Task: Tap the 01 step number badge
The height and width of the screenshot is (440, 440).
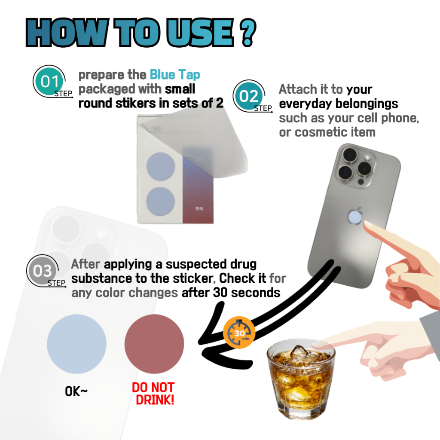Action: pos(50,81)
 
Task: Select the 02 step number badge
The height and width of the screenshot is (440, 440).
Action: pos(249,96)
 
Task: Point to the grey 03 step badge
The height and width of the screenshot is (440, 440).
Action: pos(43,271)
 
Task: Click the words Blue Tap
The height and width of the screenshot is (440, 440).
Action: pos(175,75)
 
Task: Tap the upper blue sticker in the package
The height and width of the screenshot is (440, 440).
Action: pos(161,167)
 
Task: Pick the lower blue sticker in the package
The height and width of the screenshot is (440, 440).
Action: pos(161,201)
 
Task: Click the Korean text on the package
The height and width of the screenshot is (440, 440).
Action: pos(199,208)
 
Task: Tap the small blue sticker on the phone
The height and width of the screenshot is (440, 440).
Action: pos(354,217)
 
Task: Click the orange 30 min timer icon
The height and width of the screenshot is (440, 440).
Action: pos(239,333)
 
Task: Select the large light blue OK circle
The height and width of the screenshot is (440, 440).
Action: pos(76,344)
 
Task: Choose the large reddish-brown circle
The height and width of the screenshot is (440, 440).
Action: pos(154,344)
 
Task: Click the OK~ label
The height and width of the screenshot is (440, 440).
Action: pos(76,391)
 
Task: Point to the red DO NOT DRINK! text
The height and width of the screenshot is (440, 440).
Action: pos(153,394)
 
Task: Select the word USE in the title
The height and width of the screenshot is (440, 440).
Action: pos(201,32)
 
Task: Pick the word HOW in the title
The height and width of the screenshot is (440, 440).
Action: pos(67,32)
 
